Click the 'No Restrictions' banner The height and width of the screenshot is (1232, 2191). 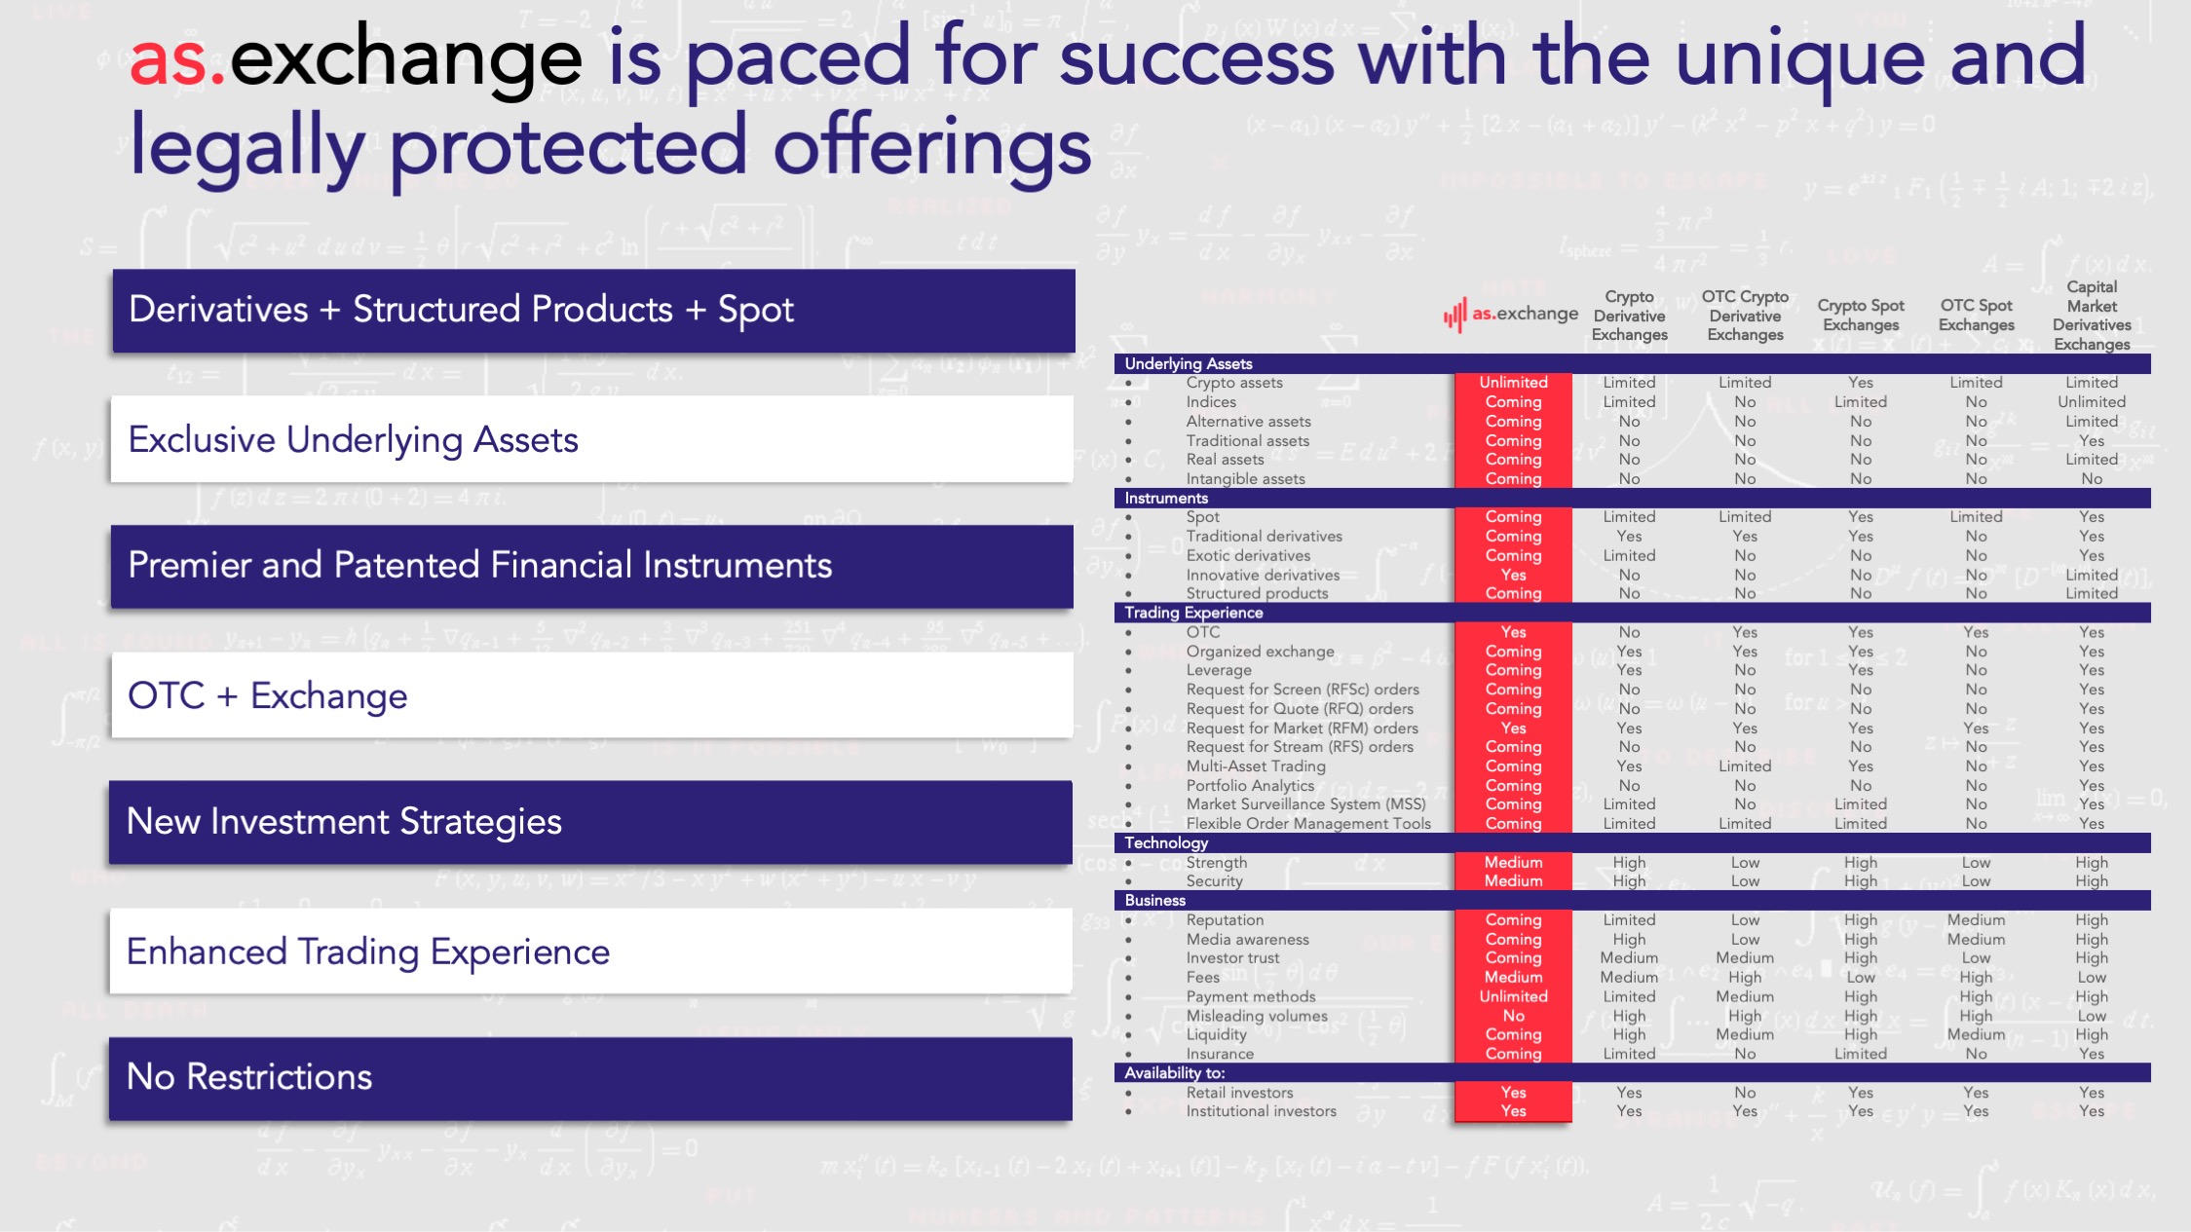(x=590, y=1078)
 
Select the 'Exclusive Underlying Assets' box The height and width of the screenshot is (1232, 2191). (x=592, y=439)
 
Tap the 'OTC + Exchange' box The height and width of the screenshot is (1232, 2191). (x=592, y=695)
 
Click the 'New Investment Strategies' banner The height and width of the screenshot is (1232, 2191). (x=590, y=822)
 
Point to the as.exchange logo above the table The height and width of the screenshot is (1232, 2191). (x=1511, y=314)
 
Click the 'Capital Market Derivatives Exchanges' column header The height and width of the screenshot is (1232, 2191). (x=2092, y=316)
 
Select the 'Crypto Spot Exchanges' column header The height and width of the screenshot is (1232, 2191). (x=1861, y=316)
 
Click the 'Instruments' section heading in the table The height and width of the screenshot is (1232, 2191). (x=1166, y=498)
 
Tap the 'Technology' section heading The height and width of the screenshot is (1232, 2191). (x=1166, y=842)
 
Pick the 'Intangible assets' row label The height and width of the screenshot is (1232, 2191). (x=1245, y=478)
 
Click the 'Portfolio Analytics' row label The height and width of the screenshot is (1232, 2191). (x=1250, y=785)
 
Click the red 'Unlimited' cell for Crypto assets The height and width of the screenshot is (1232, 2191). (x=1513, y=383)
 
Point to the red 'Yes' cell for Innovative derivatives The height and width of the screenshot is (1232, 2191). (x=1513, y=575)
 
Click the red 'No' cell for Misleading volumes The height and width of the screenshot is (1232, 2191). (x=1513, y=1015)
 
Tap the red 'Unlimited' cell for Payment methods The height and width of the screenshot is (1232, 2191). (x=1513, y=996)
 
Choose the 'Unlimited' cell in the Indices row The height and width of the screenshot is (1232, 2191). (x=2092, y=401)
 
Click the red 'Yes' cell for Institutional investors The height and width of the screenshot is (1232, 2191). (x=1513, y=1111)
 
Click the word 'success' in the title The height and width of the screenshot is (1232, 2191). (x=1196, y=58)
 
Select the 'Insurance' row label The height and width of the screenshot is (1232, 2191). (x=1220, y=1054)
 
